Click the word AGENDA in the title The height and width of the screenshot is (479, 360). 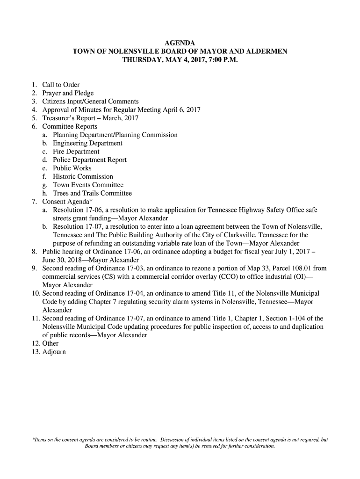coord(180,44)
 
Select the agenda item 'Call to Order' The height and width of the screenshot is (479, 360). coord(61,85)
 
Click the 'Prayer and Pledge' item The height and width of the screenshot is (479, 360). coord(68,93)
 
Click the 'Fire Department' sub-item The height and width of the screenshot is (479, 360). coord(76,152)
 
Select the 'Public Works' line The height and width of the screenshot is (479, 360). coord(72,168)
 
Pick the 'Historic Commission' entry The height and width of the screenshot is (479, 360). coord(83,177)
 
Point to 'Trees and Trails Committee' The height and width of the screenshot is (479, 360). coord(92,194)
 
